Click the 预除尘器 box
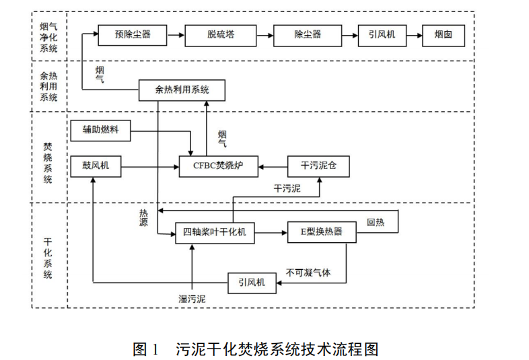pos(133,34)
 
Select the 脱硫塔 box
pos(220,34)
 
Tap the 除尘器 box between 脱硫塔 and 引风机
pos(308,34)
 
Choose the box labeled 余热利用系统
pos(182,89)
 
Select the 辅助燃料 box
pos(101,131)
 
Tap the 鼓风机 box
pos(96,166)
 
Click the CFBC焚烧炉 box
pos(219,166)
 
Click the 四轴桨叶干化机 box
pos(215,232)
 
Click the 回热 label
pos(375,223)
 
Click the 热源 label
pos(143,216)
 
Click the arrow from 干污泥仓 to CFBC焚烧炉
pos(273,166)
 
